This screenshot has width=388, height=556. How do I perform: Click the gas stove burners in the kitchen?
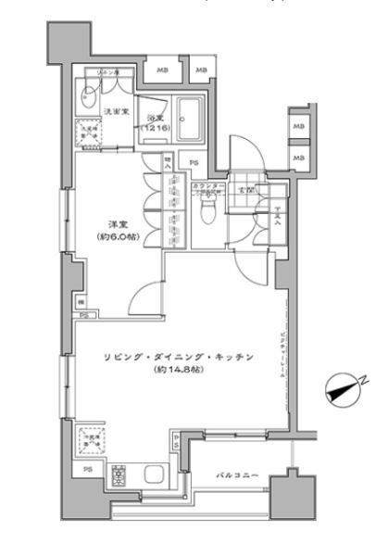(119, 476)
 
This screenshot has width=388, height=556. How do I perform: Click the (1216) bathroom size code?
(155, 130)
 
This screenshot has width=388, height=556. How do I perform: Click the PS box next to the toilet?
(193, 163)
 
